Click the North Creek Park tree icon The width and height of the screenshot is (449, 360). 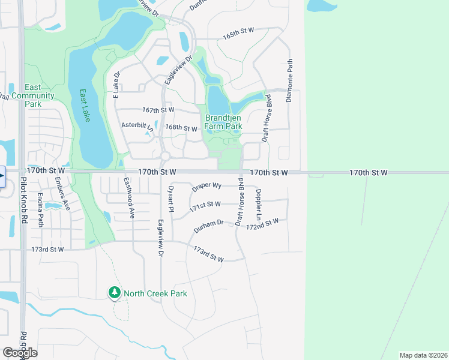tap(114, 293)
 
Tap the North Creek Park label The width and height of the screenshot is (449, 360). tap(155, 293)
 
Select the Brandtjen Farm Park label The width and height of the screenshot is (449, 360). tap(223, 122)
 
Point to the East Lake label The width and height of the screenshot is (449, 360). tap(85, 106)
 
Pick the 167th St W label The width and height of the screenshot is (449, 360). tap(158, 110)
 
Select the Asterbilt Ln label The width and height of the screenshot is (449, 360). tap(138, 126)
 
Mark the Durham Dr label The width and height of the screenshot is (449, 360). tap(208, 227)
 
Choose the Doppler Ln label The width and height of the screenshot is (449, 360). tap(258, 203)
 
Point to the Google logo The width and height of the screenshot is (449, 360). tap(19, 353)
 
